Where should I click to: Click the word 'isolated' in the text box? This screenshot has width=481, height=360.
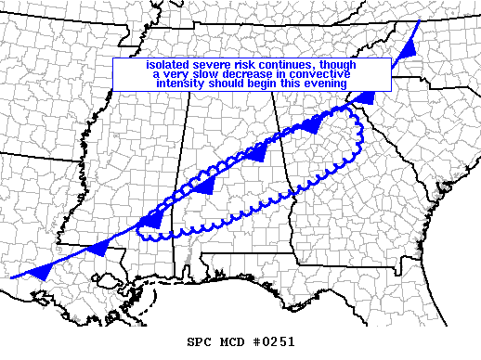click(x=166, y=65)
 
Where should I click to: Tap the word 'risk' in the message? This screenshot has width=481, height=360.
click(x=245, y=65)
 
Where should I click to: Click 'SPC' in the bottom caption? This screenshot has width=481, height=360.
click(x=200, y=341)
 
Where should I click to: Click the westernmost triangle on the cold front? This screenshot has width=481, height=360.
click(x=41, y=271)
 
